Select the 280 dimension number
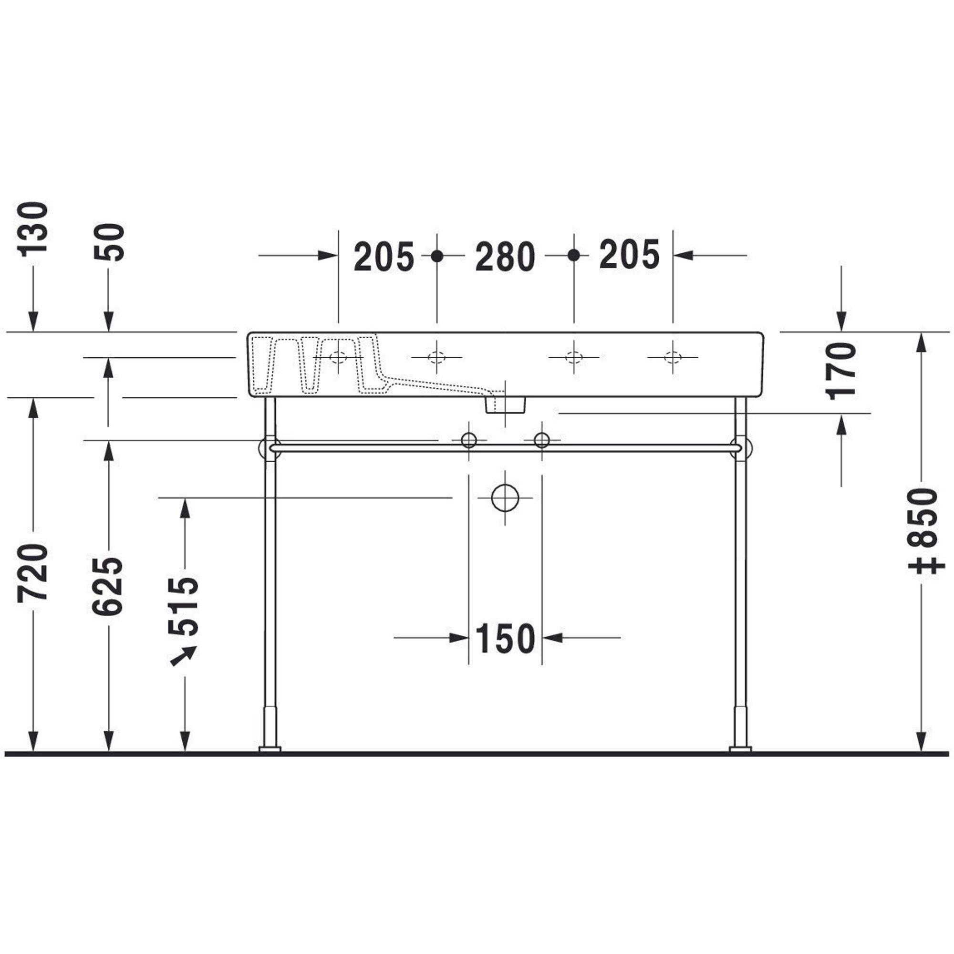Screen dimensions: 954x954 pyautogui.click(x=505, y=257)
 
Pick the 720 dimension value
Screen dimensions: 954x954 pyautogui.click(x=33, y=573)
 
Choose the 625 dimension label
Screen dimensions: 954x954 pyautogui.click(x=107, y=586)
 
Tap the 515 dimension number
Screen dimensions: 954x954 pyautogui.click(x=183, y=606)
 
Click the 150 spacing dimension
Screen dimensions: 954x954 pyautogui.click(x=505, y=639)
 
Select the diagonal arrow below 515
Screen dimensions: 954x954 pyautogui.click(x=183, y=656)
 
